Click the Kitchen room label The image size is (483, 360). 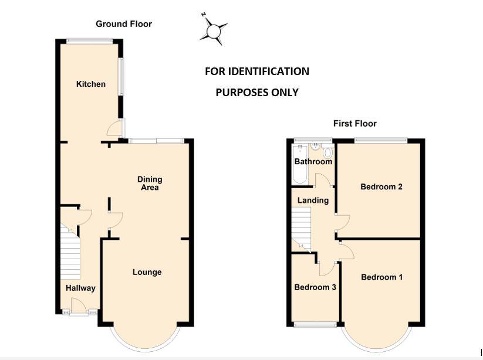pos(91,84)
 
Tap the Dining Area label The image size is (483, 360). pos(150,184)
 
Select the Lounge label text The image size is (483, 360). pos(147,272)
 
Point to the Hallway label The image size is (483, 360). pos(80,288)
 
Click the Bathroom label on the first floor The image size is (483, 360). pos(313,162)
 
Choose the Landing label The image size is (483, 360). pos(313,201)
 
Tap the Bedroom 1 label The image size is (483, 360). pos(381,277)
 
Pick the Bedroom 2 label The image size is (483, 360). pos(381,187)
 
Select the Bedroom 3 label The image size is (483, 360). pos(315,287)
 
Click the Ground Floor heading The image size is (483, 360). pos(124,24)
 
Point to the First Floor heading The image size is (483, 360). pos(355,124)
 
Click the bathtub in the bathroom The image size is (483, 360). pos(299,164)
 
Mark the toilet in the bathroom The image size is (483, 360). pos(327,152)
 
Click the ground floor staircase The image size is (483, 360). pos(70,252)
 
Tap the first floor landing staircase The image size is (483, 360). pos(301,230)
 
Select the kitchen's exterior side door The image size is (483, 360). pos(115,128)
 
